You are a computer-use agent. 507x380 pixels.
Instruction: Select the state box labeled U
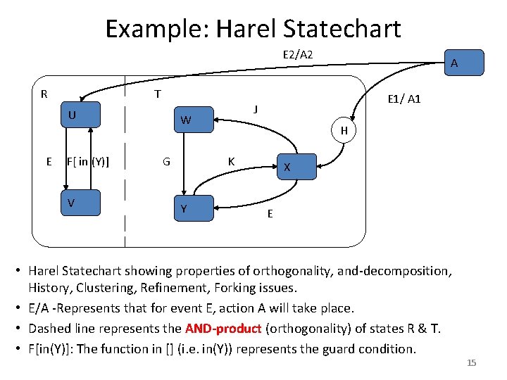tap(82, 116)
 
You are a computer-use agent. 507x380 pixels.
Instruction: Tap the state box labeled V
tap(82, 203)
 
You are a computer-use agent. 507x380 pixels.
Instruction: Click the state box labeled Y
tap(193, 208)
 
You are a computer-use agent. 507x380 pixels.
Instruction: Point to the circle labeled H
tap(344, 130)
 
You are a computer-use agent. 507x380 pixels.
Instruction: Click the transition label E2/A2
tap(298, 54)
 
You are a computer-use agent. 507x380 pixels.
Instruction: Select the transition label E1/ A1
tap(404, 99)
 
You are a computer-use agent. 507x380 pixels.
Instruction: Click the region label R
tap(44, 94)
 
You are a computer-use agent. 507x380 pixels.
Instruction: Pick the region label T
tap(158, 94)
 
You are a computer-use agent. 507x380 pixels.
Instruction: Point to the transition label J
tap(256, 108)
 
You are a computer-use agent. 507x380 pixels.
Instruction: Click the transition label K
tap(231, 161)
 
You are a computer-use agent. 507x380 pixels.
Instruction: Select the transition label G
tap(166, 161)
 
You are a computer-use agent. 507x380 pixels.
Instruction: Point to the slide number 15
tap(472, 363)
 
